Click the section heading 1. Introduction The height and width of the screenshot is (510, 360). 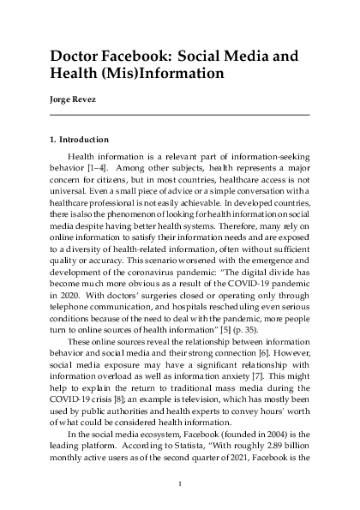pyautogui.click(x=80, y=139)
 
